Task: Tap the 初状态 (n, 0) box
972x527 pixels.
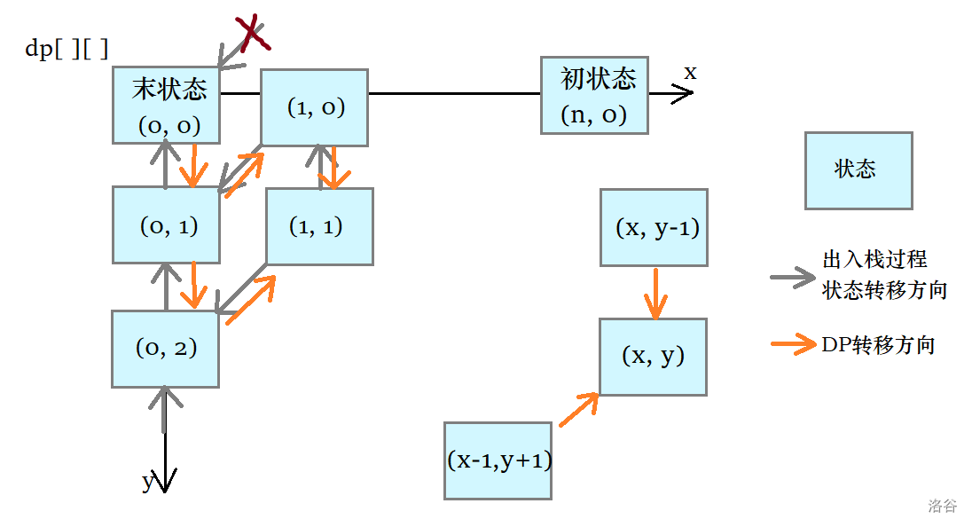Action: (594, 96)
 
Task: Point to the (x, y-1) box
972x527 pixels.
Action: (654, 227)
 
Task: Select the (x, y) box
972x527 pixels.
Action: (654, 357)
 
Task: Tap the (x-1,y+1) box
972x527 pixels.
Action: (498, 460)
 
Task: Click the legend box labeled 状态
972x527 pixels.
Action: (858, 170)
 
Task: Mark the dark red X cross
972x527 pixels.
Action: (253, 34)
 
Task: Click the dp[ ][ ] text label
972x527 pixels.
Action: (67, 49)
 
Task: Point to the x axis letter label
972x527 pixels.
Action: (690, 73)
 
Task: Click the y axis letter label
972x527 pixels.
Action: (148, 482)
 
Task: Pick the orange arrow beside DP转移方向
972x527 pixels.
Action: (792, 345)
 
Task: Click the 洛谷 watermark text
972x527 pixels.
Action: (942, 506)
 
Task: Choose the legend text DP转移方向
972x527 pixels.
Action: (878, 345)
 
